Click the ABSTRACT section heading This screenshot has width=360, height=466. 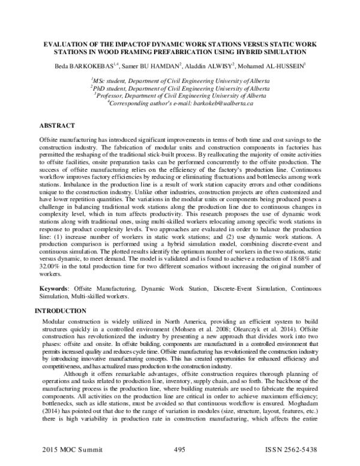point(58,126)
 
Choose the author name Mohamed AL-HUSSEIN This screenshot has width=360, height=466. point(275,65)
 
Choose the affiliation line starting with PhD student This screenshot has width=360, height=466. point(179,88)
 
